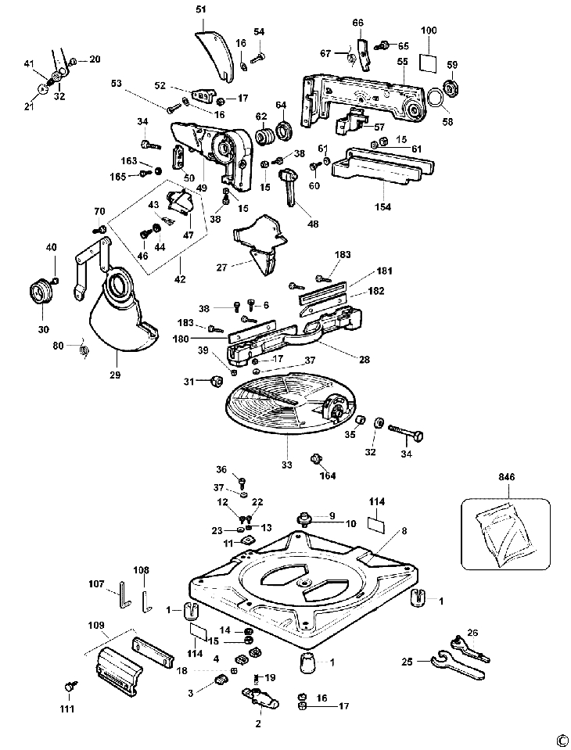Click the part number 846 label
(506, 477)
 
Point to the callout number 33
(286, 465)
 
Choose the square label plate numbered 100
(428, 63)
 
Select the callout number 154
(382, 206)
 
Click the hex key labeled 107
(121, 594)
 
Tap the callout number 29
(116, 375)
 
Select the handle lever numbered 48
(290, 187)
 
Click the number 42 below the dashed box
(180, 279)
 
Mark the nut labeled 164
(316, 459)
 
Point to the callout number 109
(96, 625)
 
